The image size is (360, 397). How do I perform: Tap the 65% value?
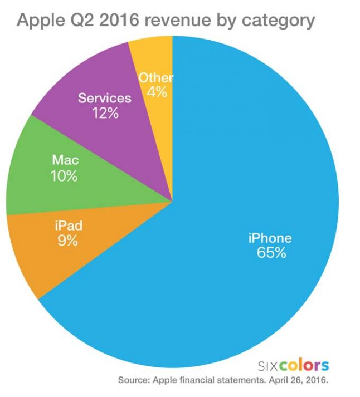(271, 253)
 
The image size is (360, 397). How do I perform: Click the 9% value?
(67, 241)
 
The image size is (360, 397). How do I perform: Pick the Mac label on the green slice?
(66, 161)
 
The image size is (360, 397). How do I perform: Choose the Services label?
(105, 99)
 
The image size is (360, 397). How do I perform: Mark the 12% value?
(105, 113)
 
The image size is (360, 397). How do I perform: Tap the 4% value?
(157, 92)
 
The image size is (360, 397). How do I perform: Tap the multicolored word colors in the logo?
(305, 366)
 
